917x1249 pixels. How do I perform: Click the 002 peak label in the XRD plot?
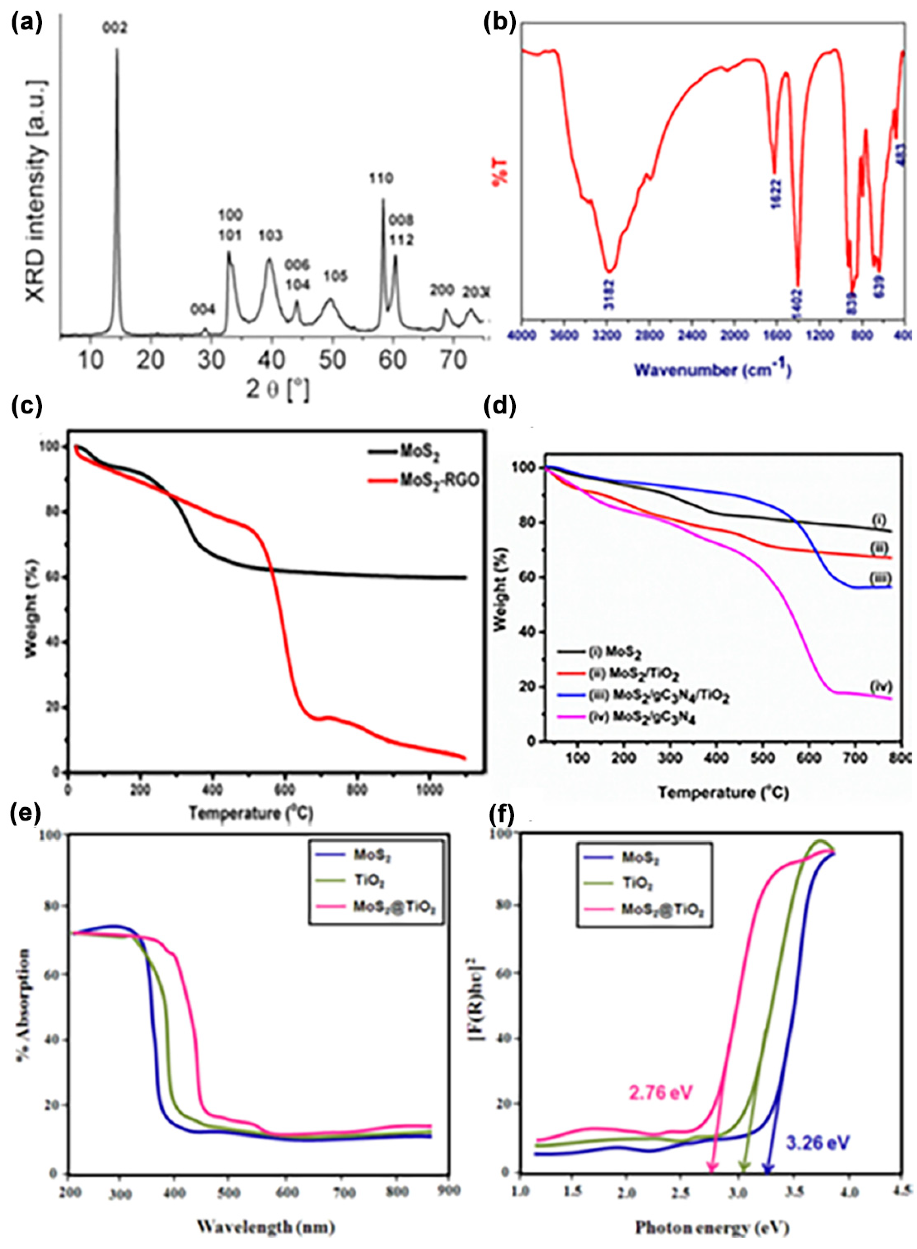point(115,28)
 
